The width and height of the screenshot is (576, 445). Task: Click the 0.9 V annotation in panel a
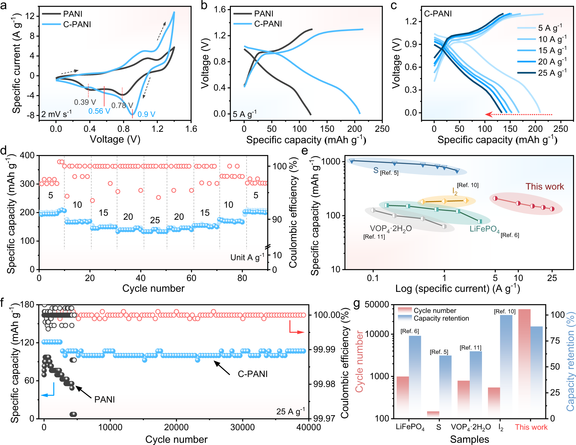pos(146,114)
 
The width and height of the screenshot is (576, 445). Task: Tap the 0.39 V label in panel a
pos(85,102)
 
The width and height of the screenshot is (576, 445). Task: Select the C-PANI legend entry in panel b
pos(267,24)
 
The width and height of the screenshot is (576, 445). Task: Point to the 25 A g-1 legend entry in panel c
pos(552,73)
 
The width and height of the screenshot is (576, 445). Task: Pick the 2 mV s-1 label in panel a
pos(56,114)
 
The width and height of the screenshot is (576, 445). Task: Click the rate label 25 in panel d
pos(155,220)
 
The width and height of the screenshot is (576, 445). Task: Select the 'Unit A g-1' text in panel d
pos(247,257)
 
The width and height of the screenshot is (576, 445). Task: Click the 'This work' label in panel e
pos(544,186)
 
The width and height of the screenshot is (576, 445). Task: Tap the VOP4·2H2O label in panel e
pos(390,229)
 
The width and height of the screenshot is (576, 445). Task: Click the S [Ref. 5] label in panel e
pos(386,171)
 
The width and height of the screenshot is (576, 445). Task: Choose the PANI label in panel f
pos(104,399)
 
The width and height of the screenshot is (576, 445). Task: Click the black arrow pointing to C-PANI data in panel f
pos(222,368)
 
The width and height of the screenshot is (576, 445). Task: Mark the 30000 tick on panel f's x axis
pos(242,427)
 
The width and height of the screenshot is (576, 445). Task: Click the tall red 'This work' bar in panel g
pos(524,363)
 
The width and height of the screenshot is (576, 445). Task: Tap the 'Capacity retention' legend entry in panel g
pos(441,318)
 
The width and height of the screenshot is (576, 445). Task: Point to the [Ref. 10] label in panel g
pos(504,311)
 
